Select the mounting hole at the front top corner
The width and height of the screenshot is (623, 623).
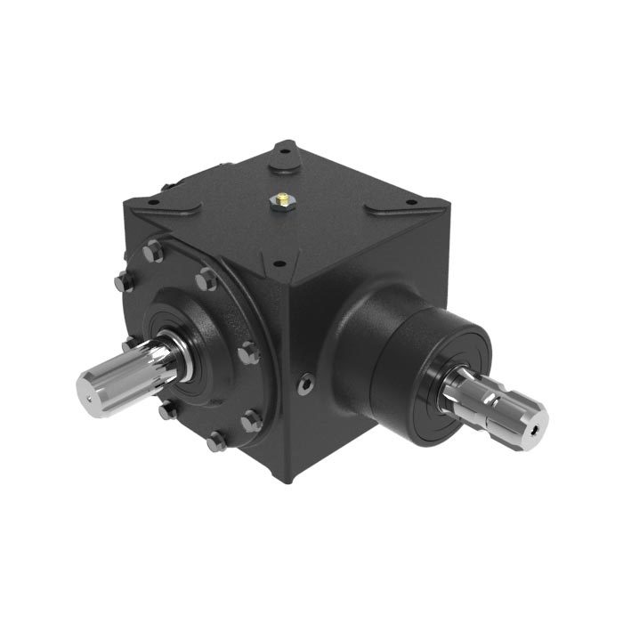click(x=279, y=263)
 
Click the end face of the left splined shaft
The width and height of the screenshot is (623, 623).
click(x=88, y=392)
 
